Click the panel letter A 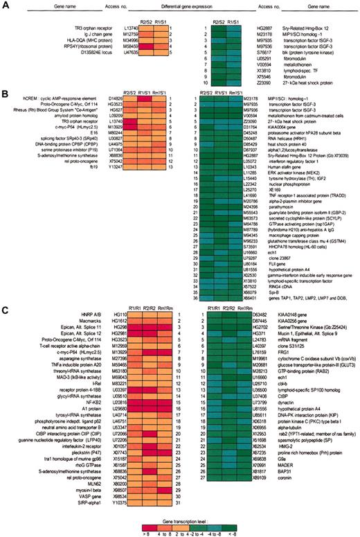5,6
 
